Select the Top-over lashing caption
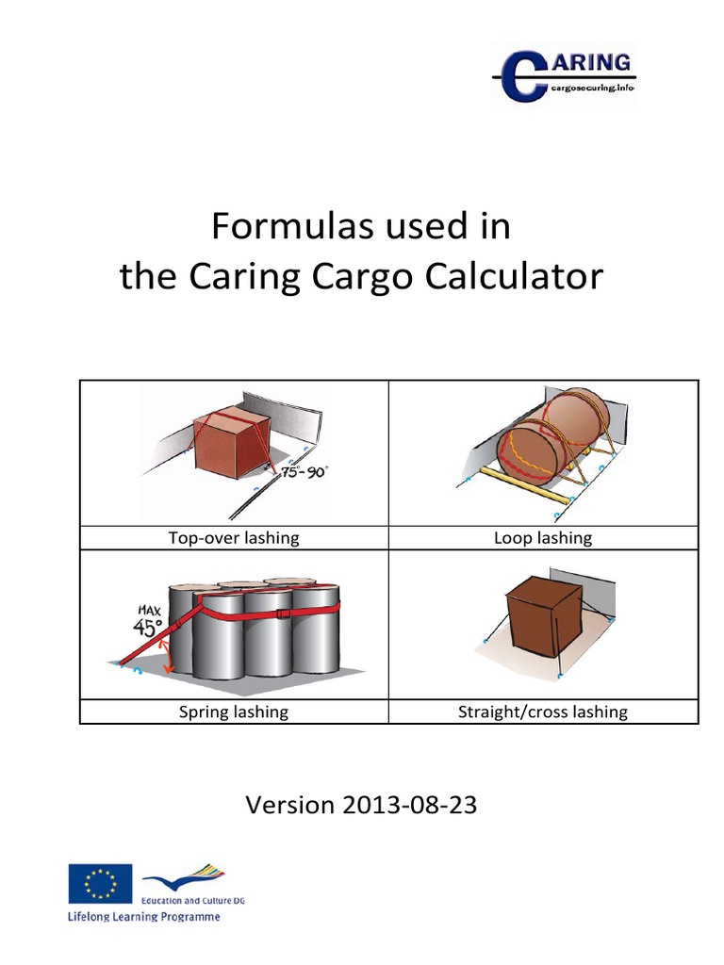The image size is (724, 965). coord(233,538)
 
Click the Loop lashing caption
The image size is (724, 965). coord(543,538)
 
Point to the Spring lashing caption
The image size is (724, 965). coord(233,711)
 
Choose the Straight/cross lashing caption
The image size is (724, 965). coord(543,711)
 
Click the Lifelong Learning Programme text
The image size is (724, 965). coord(142,916)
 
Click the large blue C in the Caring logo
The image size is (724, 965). coord(521,76)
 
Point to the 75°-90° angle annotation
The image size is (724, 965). coord(304,473)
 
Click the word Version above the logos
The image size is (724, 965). coord(289,805)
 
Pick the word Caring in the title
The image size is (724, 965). coord(236,276)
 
